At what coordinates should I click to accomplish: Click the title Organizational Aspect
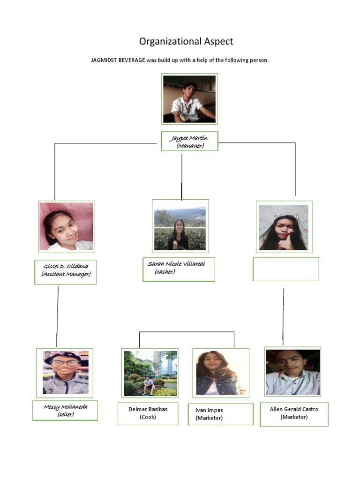(186, 41)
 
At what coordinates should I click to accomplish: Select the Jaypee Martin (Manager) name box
(189, 141)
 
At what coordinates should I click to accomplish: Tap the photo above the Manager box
(189, 99)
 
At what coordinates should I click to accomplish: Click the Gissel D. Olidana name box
(66, 272)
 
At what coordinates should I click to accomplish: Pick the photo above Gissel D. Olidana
(67, 227)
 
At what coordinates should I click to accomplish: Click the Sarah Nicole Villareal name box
(179, 269)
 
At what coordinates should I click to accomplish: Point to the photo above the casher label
(180, 226)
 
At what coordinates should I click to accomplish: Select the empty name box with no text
(285, 269)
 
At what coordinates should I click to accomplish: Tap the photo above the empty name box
(285, 227)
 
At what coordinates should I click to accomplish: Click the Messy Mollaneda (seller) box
(65, 410)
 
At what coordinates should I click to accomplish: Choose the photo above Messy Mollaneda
(65, 373)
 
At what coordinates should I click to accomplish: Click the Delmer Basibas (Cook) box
(148, 412)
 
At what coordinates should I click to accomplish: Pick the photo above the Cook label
(150, 373)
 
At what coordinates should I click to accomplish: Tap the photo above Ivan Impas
(221, 373)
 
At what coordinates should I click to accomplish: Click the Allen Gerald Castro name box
(294, 414)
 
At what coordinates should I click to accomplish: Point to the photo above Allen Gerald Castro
(292, 372)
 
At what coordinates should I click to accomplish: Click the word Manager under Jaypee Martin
(190, 146)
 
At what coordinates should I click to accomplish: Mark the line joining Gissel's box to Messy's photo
(58, 316)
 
